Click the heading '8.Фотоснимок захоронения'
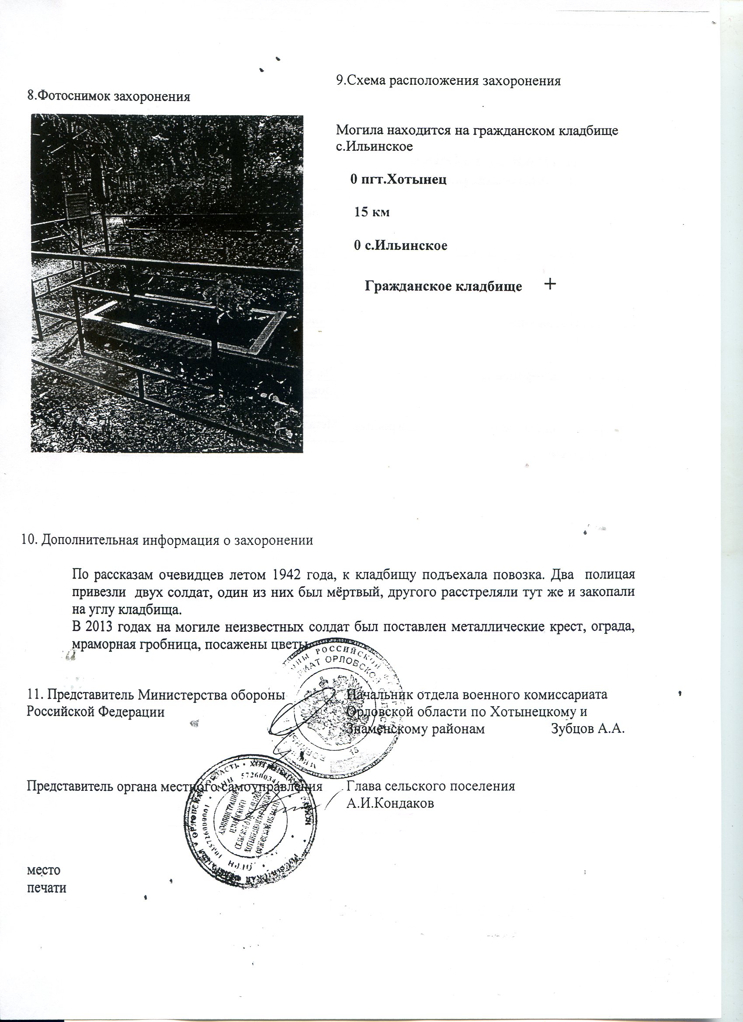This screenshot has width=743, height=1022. [108, 97]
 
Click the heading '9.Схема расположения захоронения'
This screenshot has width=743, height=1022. [448, 81]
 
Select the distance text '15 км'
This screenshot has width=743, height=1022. [371, 212]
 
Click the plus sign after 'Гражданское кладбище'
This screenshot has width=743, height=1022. [550, 284]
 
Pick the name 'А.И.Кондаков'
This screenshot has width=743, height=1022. [390, 804]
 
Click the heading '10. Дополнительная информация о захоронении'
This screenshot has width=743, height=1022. [167, 540]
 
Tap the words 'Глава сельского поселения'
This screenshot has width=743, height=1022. [431, 786]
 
